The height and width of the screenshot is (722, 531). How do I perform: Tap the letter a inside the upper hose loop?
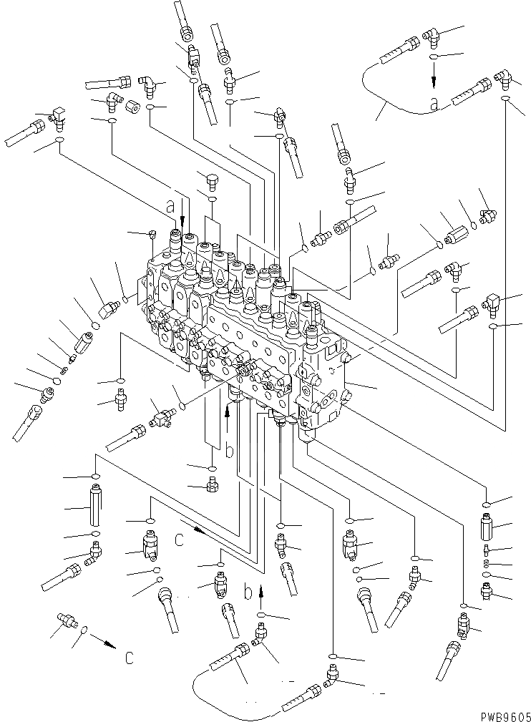coord(433,103)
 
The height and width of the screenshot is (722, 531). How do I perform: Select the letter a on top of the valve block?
coord(170,206)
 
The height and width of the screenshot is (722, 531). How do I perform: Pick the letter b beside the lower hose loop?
coord(248,593)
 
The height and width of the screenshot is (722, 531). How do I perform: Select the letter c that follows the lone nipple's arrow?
coord(128,657)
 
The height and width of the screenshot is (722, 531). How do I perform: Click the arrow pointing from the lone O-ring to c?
coord(106,643)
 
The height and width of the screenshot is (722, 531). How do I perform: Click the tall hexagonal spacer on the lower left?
coord(95,504)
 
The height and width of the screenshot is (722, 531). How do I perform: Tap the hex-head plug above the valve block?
coord(211,179)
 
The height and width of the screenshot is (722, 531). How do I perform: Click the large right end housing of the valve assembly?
coord(326,379)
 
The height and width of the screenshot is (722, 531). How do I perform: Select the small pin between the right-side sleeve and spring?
coord(486,550)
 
